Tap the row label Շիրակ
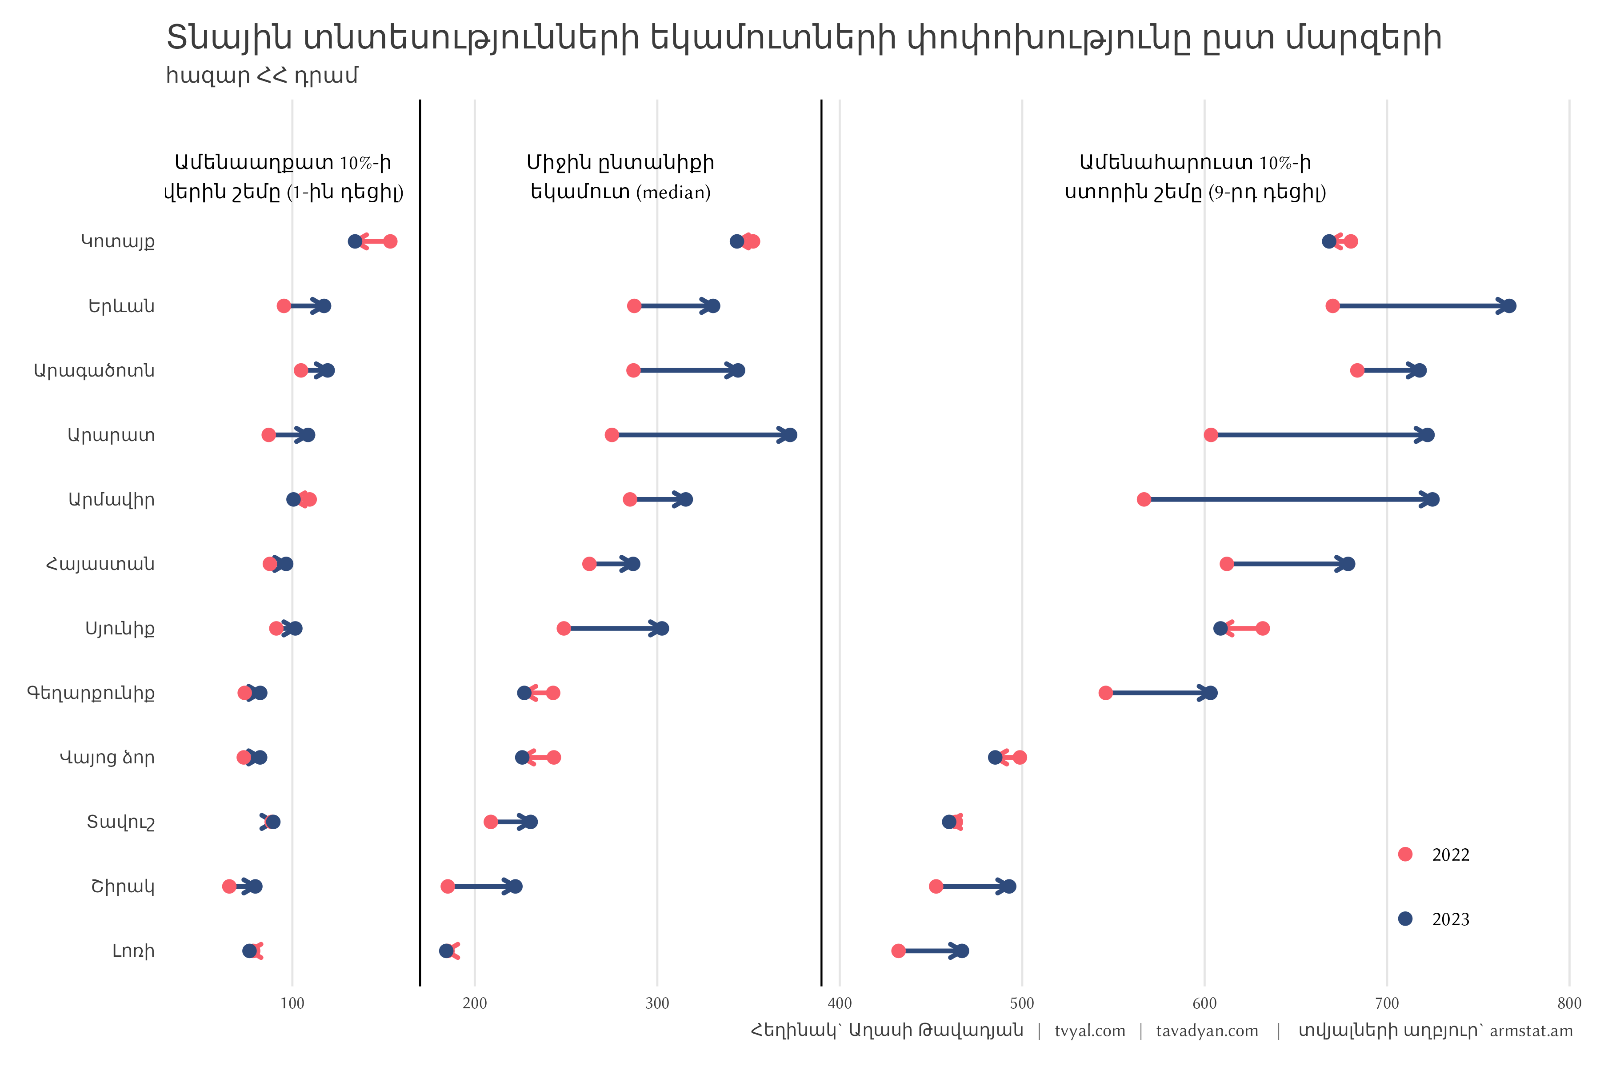click(x=123, y=886)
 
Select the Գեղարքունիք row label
click(x=91, y=694)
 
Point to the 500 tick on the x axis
click(x=1022, y=1003)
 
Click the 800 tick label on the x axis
click(x=1569, y=1003)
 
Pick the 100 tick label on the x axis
click(x=292, y=1003)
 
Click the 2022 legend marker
click(x=1405, y=854)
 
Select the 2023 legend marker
click(x=1405, y=919)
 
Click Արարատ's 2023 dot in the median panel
click(x=790, y=435)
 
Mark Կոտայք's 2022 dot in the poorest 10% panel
click(x=390, y=241)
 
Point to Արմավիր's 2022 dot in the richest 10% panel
click(x=1144, y=499)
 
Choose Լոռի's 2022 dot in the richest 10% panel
click(x=898, y=951)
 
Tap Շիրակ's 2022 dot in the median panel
click(x=448, y=886)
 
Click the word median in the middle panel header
click(x=673, y=193)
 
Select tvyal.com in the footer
click(x=1090, y=1031)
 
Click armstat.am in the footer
click(x=1531, y=1031)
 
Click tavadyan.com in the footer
click(x=1207, y=1031)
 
